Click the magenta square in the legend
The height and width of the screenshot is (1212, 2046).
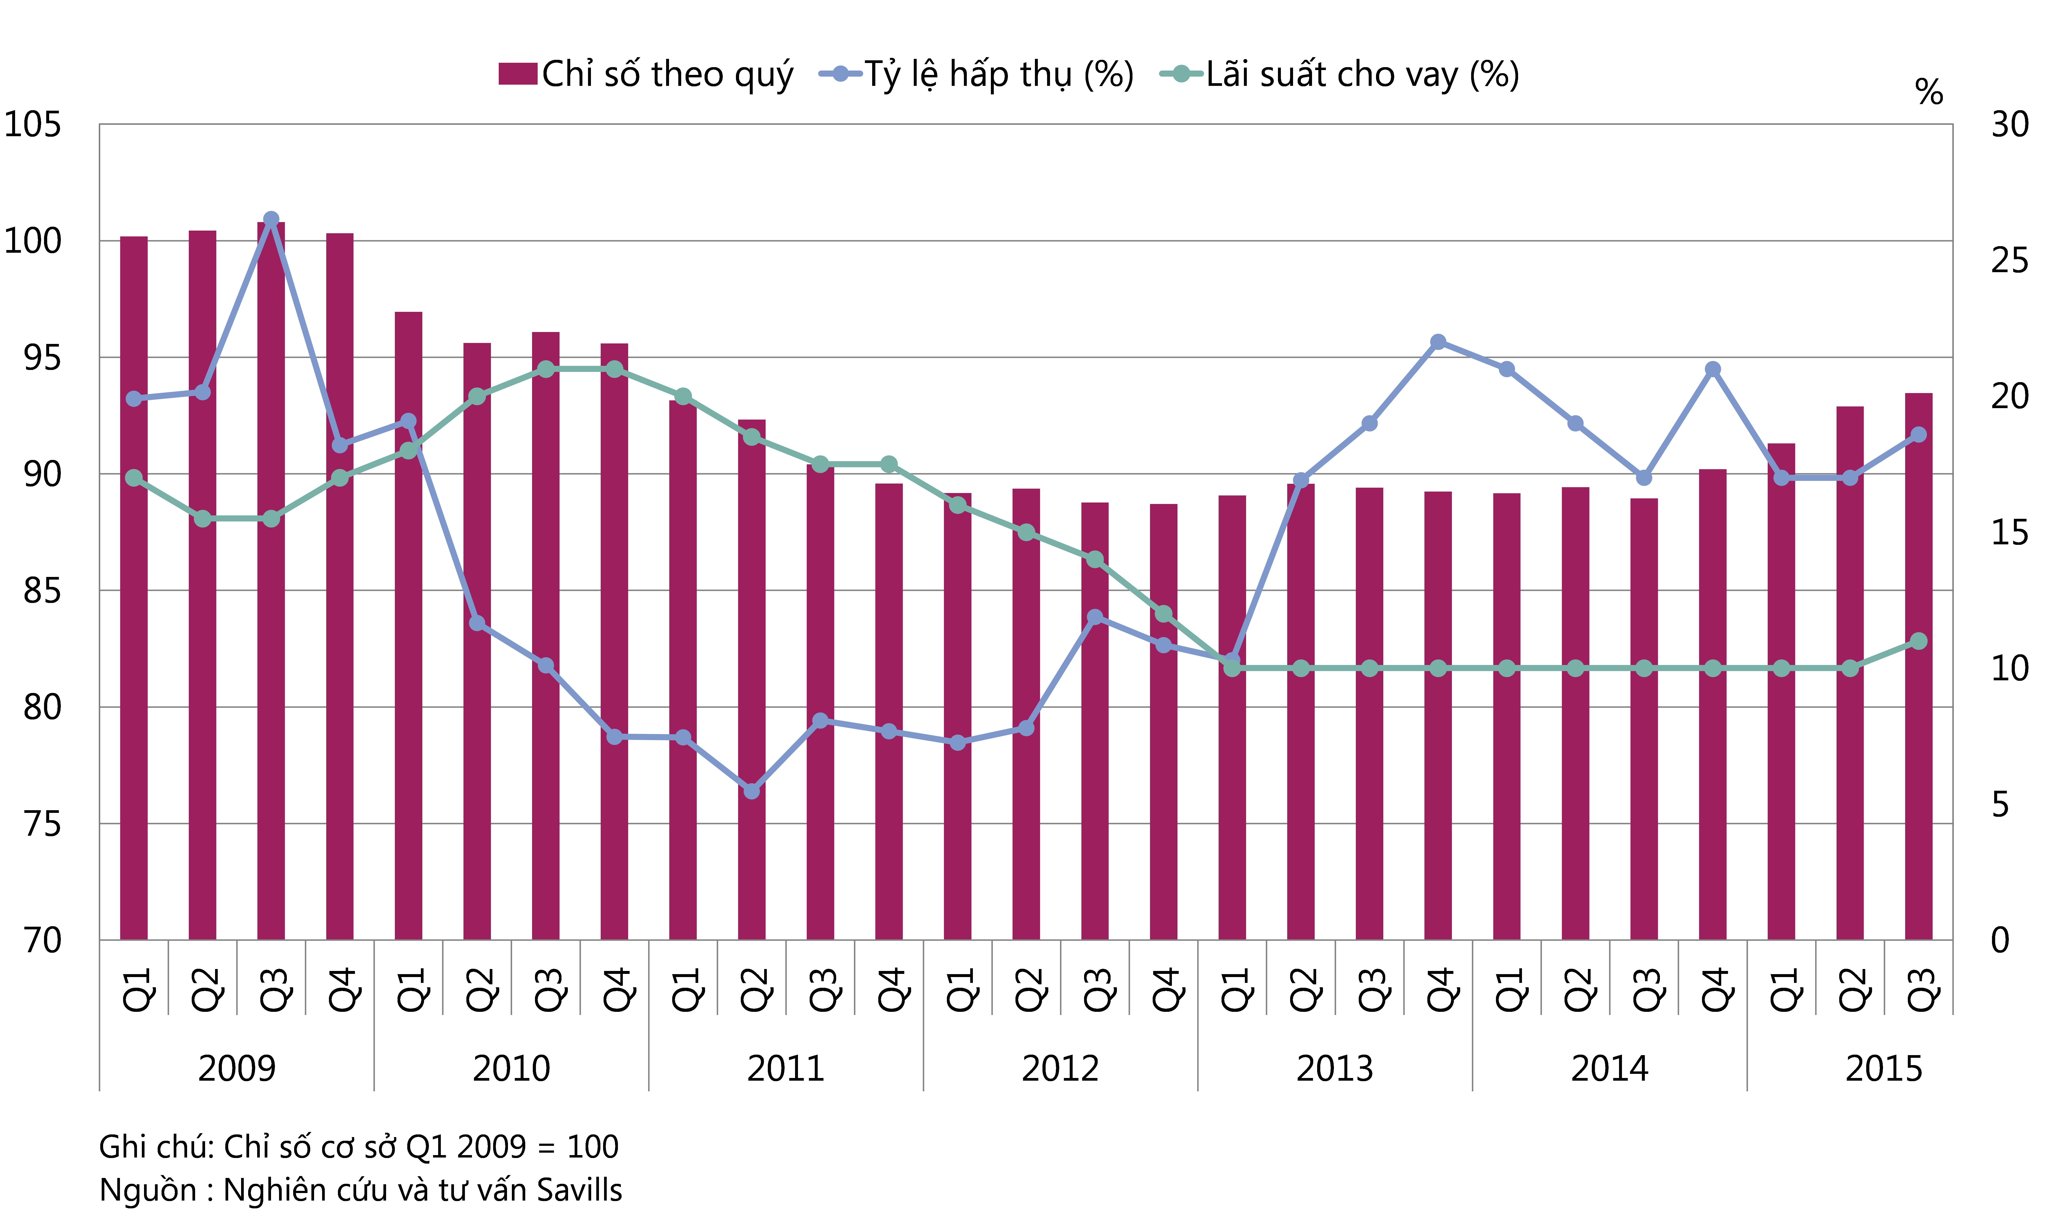518,73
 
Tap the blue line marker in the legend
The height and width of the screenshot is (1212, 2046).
841,73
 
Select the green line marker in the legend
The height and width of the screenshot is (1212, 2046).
1181,73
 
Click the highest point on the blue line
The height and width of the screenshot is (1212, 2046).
271,219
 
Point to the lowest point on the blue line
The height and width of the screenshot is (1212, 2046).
751,790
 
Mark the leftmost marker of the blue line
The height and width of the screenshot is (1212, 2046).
134,399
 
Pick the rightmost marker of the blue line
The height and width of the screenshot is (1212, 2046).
1919,434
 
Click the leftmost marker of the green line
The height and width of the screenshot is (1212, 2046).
134,478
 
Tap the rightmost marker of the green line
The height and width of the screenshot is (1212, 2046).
1919,641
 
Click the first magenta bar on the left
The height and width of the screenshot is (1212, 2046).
134,588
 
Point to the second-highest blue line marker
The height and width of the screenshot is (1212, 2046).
1438,341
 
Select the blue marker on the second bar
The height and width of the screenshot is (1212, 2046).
203,392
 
